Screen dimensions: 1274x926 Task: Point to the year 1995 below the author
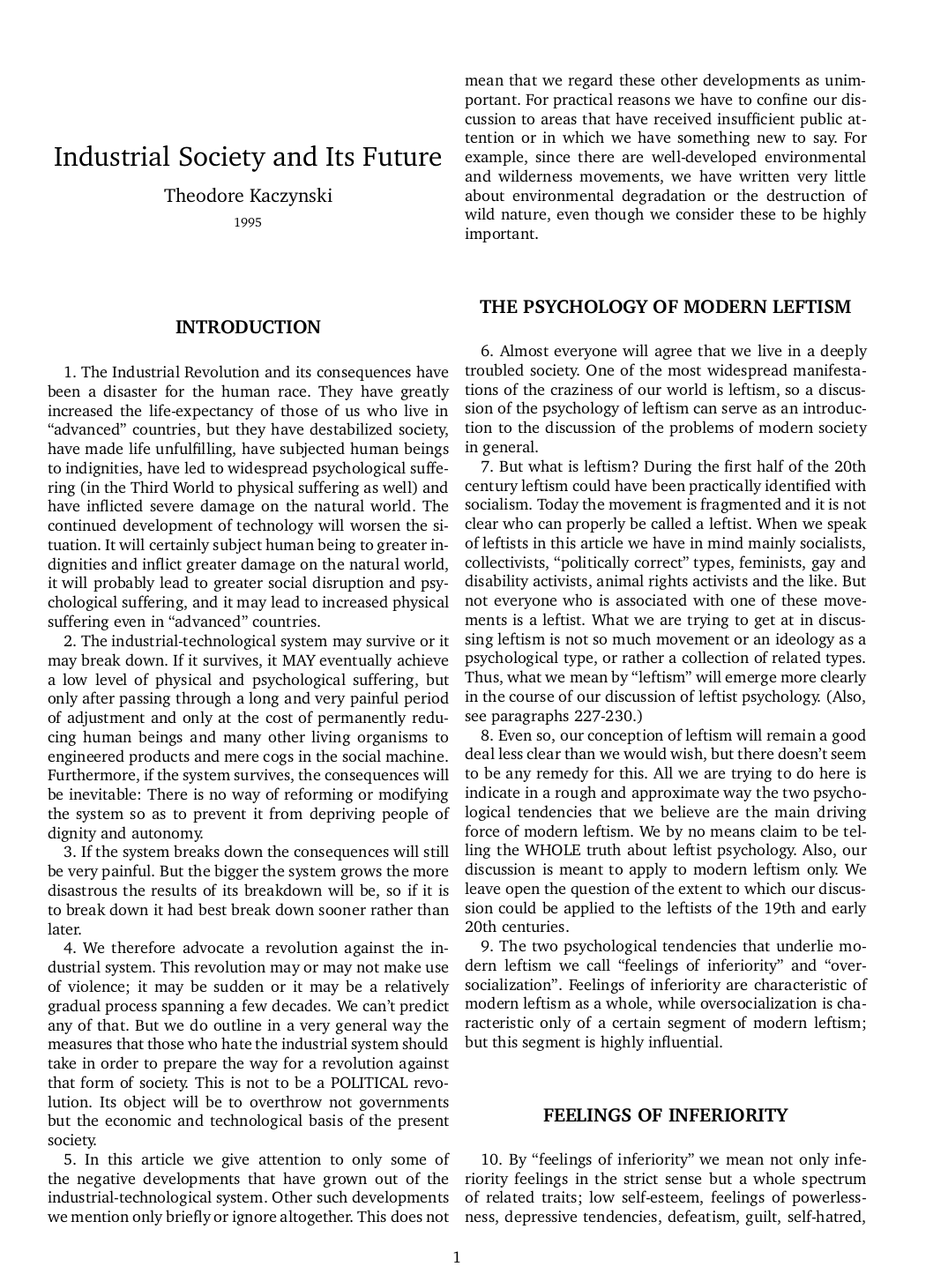pyautogui.click(x=248, y=222)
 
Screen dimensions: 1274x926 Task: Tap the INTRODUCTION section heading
pyautogui.click(x=248, y=328)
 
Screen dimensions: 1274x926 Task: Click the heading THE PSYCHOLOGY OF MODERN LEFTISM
pyautogui.click(x=665, y=307)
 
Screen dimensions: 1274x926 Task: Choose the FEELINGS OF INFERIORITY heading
pyautogui.click(x=665, y=1115)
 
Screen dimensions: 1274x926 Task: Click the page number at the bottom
pyautogui.click(x=456, y=1257)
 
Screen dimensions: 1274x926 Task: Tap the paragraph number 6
pyautogui.click(x=486, y=351)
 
